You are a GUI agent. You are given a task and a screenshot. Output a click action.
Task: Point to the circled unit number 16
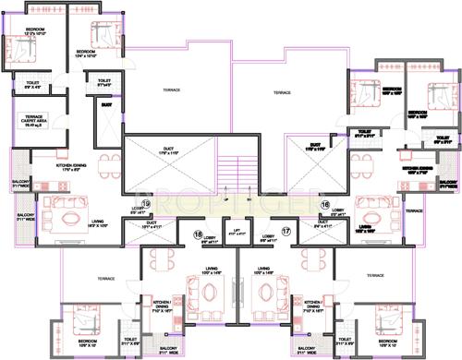tap(324, 205)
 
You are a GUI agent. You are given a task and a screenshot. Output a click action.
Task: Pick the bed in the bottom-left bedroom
tap(79, 323)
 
